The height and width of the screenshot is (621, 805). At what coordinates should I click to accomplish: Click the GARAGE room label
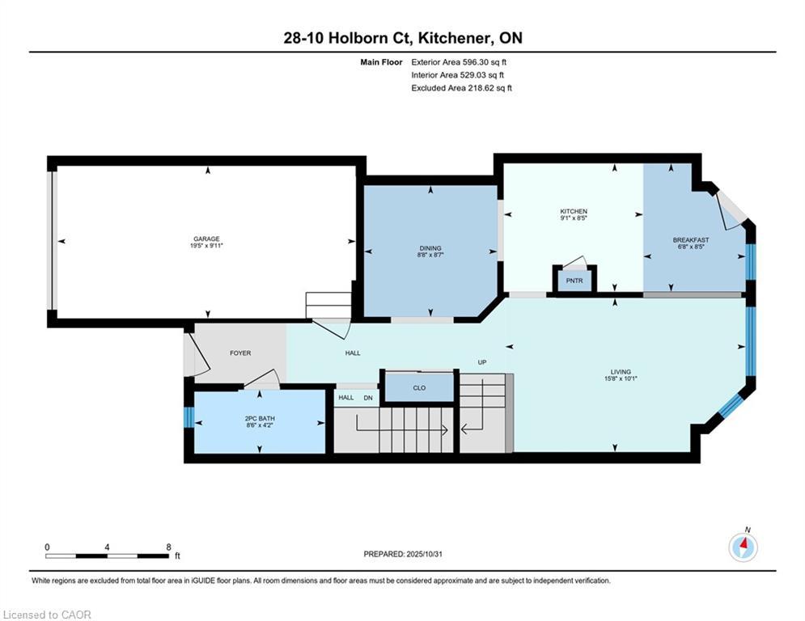click(x=206, y=239)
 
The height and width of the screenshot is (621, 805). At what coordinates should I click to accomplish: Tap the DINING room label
click(x=430, y=248)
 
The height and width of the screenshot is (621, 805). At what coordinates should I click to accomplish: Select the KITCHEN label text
click(x=574, y=212)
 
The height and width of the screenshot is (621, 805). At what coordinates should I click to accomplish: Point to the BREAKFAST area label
click(x=691, y=239)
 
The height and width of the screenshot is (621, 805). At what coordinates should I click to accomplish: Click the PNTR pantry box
click(x=574, y=281)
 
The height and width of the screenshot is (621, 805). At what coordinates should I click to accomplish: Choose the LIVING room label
click(x=621, y=372)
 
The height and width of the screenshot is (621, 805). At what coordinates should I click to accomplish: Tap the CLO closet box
click(x=419, y=387)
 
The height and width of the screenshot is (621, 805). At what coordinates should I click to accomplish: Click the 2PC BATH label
click(x=260, y=418)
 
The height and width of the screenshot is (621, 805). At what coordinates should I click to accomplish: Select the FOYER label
click(x=240, y=353)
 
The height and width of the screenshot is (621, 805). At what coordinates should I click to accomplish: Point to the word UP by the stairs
click(x=482, y=361)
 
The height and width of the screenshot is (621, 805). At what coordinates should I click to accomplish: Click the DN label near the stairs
click(x=368, y=397)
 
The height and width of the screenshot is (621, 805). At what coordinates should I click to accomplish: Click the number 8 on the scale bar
click(x=168, y=547)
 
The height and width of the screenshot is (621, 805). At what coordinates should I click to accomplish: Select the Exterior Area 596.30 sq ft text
click(x=459, y=62)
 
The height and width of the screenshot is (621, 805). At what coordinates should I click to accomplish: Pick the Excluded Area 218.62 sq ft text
click(x=461, y=88)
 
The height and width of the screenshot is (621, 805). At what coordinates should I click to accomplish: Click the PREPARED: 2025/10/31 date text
click(x=403, y=554)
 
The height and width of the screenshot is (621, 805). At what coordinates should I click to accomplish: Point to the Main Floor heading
click(x=381, y=62)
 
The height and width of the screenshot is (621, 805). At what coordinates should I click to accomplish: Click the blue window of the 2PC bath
click(x=189, y=416)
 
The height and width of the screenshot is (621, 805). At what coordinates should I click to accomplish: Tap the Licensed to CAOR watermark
click(x=47, y=615)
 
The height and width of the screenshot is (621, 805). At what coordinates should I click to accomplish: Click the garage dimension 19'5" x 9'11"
click(x=206, y=246)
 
